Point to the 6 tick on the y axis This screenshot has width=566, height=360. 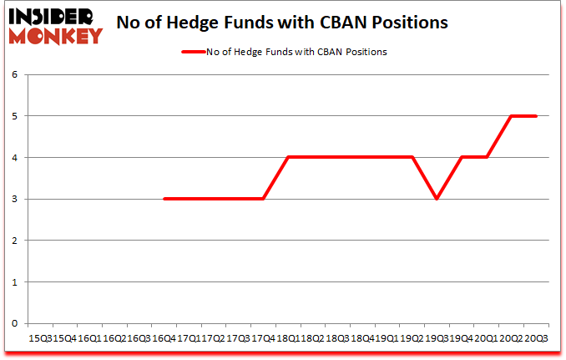click(x=14, y=74)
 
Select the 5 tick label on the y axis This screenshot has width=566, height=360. click(x=14, y=116)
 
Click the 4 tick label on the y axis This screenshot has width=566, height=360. click(x=14, y=157)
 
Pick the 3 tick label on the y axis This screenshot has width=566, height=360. click(x=14, y=199)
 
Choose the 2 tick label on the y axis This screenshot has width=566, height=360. click(x=14, y=241)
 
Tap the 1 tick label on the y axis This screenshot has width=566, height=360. click(x=14, y=281)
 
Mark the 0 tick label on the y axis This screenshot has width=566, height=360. click(x=14, y=323)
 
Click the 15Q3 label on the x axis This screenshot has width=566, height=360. click(x=40, y=338)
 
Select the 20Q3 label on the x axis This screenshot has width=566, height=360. click(x=535, y=338)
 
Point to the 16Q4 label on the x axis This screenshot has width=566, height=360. click(x=164, y=338)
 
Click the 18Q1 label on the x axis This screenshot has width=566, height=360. click(x=288, y=338)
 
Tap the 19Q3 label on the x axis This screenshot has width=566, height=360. click(x=437, y=338)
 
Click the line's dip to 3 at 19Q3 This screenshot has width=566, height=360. click(x=437, y=199)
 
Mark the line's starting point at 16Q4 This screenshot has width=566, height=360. click(x=164, y=199)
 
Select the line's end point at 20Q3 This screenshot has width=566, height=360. click(x=535, y=116)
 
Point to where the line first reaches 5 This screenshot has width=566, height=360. click(x=511, y=116)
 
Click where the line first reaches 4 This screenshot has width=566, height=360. click(x=288, y=157)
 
